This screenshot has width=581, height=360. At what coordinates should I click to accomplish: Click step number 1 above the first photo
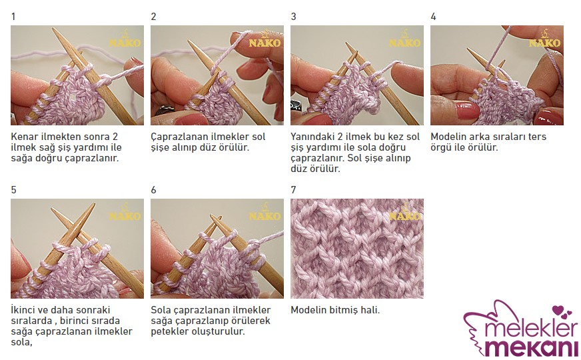[13, 17]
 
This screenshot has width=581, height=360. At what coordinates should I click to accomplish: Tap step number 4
[433, 17]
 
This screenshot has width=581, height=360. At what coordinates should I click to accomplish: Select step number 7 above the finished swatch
[293, 190]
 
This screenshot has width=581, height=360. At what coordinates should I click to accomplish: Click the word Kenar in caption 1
[24, 137]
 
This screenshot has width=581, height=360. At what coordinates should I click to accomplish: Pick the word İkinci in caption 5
[24, 310]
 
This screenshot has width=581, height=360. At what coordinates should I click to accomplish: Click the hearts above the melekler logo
[562, 311]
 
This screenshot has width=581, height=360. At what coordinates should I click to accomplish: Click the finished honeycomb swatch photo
[357, 249]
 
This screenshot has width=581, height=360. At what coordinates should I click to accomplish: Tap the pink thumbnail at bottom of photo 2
[191, 120]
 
